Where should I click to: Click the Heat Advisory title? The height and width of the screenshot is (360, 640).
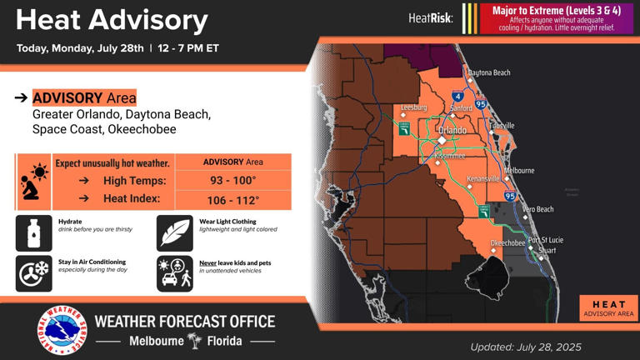[111, 20]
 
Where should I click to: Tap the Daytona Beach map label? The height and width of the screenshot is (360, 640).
[489, 73]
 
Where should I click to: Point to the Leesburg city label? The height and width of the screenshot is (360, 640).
[413, 107]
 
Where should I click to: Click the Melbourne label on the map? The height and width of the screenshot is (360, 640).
[519, 171]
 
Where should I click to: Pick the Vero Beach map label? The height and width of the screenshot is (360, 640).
[537, 209]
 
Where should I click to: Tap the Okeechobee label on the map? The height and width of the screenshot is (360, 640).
[507, 243]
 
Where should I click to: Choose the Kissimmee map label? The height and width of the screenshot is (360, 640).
[450, 156]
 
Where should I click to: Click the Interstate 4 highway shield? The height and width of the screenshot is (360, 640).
[458, 97]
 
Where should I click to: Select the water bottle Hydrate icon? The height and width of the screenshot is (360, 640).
[33, 233]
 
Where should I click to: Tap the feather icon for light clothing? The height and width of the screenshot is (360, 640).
[174, 233]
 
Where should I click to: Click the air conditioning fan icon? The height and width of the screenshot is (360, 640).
[33, 272]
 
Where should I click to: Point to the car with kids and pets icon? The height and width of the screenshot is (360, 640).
[174, 273]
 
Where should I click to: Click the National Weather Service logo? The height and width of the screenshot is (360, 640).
[61, 331]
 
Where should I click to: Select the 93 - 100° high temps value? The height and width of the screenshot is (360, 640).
[232, 181]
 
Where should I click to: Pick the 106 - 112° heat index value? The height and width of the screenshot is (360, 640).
[232, 201]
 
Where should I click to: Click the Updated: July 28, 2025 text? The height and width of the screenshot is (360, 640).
[525, 347]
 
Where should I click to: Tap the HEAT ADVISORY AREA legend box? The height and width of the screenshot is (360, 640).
[608, 308]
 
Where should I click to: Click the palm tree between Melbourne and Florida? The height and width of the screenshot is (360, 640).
[194, 341]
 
